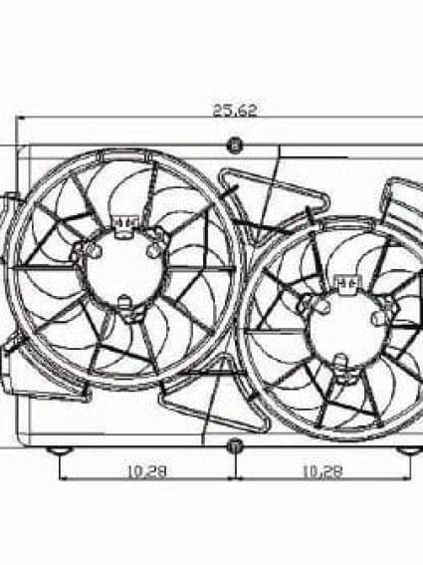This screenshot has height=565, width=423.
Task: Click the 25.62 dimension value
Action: tap(234, 112)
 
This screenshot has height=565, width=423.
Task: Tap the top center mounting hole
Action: tap(235, 145)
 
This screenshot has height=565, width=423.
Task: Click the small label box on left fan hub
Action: tap(125, 221)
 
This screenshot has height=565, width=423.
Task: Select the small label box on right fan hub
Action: tap(347, 283)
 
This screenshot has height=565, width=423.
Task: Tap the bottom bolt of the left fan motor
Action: tap(124, 303)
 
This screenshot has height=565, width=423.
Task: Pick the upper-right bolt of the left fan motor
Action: tap(154, 250)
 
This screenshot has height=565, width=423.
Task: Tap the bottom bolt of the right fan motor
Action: tap(341, 373)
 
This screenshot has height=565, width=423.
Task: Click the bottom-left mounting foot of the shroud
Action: tap(62, 450)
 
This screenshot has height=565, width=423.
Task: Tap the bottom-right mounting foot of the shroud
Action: tap(407, 450)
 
